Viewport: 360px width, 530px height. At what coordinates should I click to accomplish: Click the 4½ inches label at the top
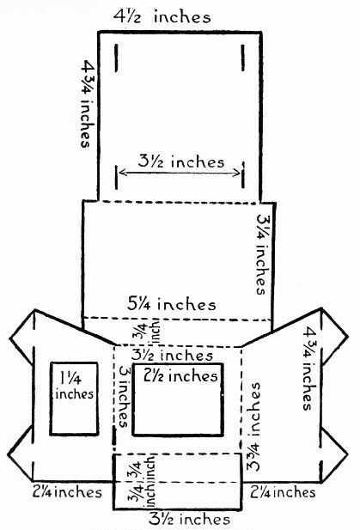click(162, 16)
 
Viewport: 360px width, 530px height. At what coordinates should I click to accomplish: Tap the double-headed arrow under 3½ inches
click(180, 173)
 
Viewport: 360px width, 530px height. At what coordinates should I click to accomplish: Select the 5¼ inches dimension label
click(171, 304)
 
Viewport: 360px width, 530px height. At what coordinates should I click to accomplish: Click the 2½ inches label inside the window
click(180, 376)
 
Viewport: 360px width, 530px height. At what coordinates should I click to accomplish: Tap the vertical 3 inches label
click(124, 396)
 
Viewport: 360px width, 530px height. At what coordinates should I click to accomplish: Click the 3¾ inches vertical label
click(253, 427)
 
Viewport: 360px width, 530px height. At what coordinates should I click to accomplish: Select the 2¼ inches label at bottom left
click(67, 492)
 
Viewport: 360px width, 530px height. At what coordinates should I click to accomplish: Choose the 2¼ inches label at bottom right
click(283, 492)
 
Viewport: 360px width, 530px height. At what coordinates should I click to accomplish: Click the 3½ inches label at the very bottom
click(189, 519)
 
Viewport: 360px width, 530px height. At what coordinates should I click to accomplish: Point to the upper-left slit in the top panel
click(116, 58)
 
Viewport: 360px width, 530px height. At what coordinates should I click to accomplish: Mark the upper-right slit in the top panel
click(242, 58)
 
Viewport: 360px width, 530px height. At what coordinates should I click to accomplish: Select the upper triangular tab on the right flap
click(333, 336)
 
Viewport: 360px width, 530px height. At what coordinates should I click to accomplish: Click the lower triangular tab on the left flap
click(21, 454)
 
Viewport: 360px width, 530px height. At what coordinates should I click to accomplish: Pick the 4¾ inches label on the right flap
click(308, 368)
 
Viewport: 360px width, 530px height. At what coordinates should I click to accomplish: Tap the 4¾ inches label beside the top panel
click(86, 103)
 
